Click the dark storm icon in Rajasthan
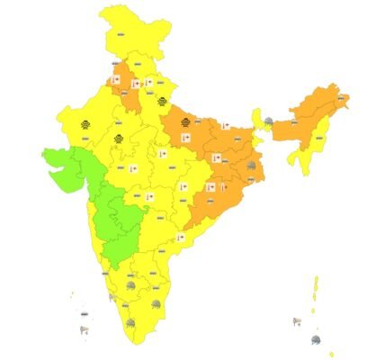pyautogui.click(x=83, y=124)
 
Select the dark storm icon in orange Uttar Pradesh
pyautogui.click(x=185, y=124)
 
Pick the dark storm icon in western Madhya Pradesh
pyautogui.click(x=118, y=138)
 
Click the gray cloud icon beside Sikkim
pyautogui.click(x=267, y=121)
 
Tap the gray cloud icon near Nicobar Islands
pyautogui.click(x=316, y=338)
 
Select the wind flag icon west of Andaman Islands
pyautogui.click(x=296, y=320)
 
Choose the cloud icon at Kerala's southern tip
pyautogui.click(x=131, y=322)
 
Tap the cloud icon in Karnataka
pyautogui.click(x=132, y=285)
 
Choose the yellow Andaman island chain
pyautogui.click(x=316, y=292)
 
